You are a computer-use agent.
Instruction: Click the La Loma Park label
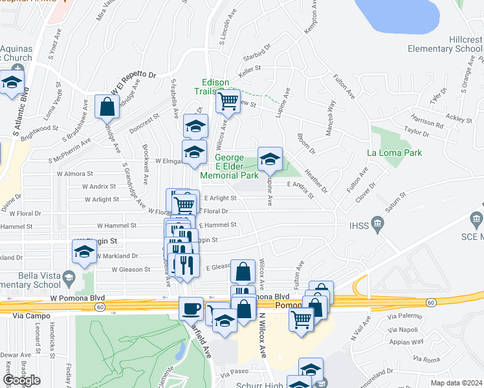click(x=394, y=153)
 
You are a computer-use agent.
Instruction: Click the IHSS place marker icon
click(x=379, y=224)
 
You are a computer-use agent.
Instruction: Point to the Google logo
click(x=21, y=380)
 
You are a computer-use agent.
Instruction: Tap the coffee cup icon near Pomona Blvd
click(x=191, y=308)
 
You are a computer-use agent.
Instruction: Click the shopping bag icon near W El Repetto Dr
click(x=107, y=107)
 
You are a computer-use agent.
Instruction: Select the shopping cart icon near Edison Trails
click(x=228, y=101)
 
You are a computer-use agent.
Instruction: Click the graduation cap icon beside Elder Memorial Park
click(x=270, y=159)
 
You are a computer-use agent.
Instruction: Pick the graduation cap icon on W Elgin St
click(x=84, y=253)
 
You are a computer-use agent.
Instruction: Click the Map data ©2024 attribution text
click(x=457, y=383)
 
